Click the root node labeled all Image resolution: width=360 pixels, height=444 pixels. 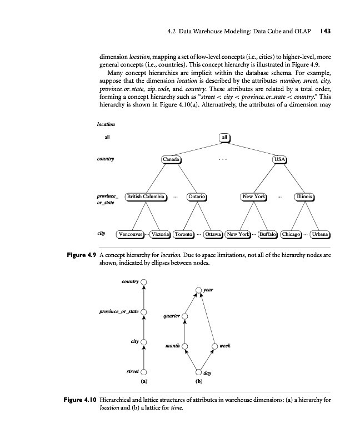pos(224,137)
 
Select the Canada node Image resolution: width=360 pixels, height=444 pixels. pos(171,159)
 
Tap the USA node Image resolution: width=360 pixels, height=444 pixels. pos(279,159)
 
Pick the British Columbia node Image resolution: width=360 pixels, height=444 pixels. pos(145,196)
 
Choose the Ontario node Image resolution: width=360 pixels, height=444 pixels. pos(197,196)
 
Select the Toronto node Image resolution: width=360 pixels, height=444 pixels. pos(184,234)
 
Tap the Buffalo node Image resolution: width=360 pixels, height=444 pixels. pos(268,234)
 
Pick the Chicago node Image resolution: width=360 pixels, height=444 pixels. pos(292,234)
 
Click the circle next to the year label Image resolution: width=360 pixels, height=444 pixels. pos(199,290)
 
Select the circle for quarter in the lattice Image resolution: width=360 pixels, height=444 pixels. pos(185,317)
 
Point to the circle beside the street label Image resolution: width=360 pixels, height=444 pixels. pos(144,372)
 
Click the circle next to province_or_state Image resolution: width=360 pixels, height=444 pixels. pos(144,312)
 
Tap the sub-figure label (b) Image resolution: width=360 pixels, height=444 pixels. pos(198,382)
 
